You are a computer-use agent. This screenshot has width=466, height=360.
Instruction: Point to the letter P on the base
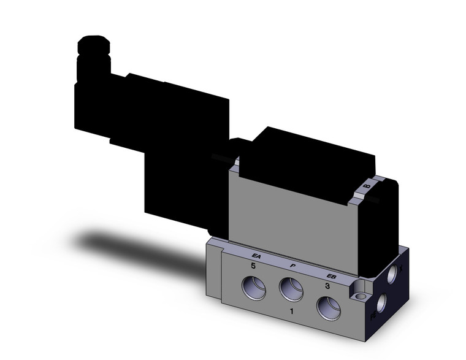tap(293, 266)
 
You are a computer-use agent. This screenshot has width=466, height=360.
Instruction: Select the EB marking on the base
tap(331, 275)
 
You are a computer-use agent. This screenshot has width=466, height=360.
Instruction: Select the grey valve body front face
tap(288, 209)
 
